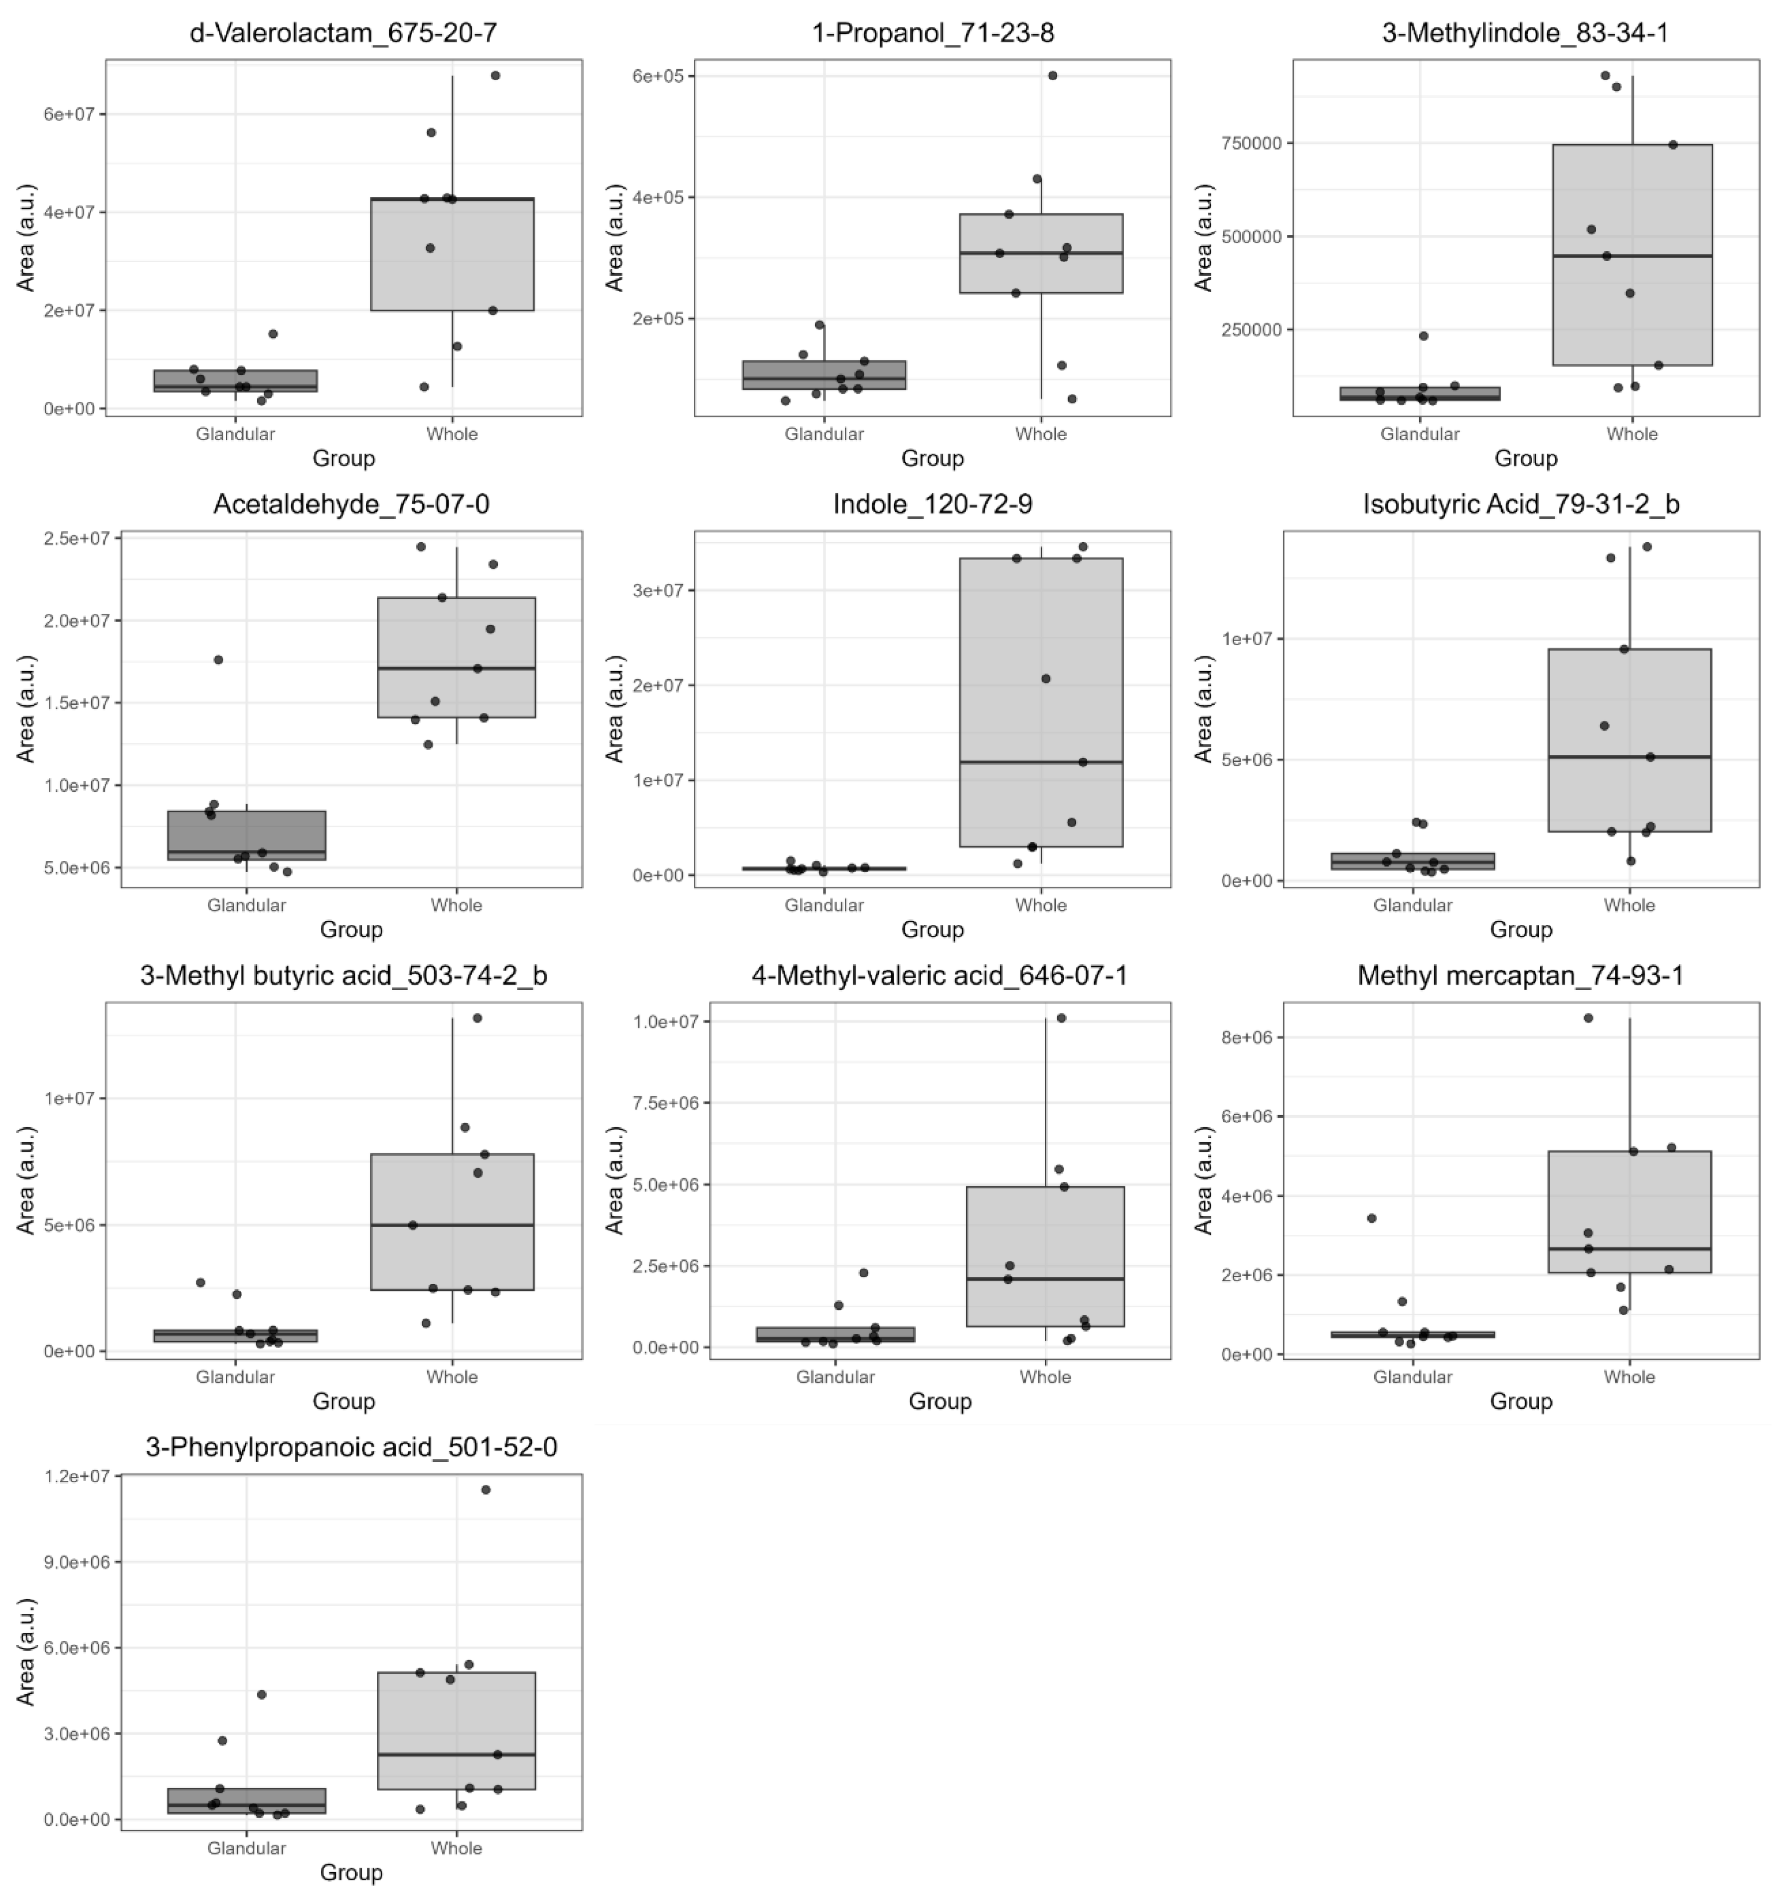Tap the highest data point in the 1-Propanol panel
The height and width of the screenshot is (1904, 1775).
1052,76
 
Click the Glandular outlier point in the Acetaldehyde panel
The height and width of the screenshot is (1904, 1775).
218,660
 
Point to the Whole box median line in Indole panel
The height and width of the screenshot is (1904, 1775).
1041,762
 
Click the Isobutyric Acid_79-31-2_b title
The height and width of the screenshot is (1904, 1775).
1520,505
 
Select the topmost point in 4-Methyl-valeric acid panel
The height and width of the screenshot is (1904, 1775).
1061,1018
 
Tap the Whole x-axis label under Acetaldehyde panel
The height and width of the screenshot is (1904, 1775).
456,905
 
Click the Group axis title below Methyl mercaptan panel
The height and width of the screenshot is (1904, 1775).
1520,1401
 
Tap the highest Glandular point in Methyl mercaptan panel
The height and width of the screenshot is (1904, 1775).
1371,1218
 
